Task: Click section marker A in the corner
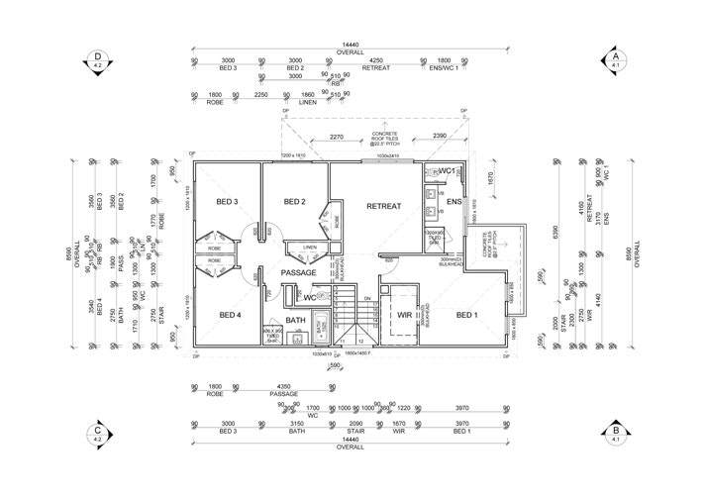click(616, 59)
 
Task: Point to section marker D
click(97, 59)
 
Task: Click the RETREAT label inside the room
click(383, 207)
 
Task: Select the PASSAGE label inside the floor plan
click(297, 272)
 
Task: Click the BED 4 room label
click(228, 315)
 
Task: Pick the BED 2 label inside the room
click(294, 202)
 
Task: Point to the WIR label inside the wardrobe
click(403, 315)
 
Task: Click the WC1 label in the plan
click(447, 172)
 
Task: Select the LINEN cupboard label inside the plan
click(309, 248)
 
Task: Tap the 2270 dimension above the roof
click(336, 138)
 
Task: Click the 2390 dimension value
click(441, 138)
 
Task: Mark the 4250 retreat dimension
click(375, 60)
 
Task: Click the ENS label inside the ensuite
click(453, 203)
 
